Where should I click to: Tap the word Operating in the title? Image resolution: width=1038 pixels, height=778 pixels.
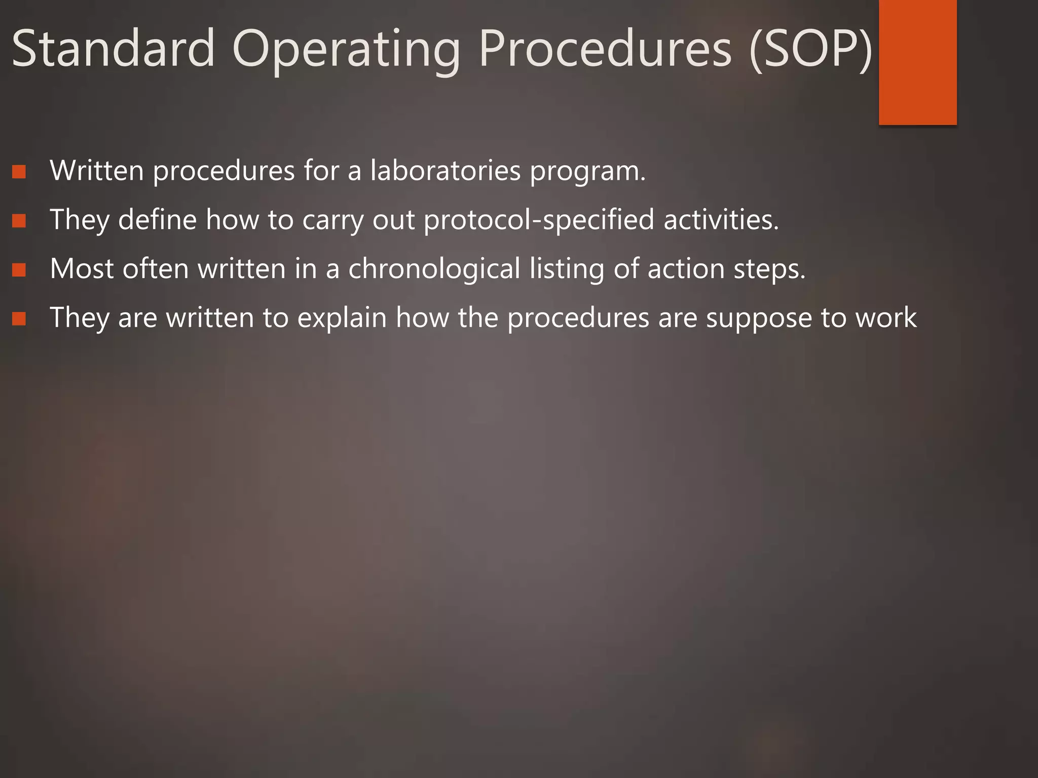coord(346,50)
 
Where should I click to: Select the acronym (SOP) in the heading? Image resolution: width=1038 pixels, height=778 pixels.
coord(810,50)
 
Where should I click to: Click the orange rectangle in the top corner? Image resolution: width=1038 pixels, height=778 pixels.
coord(917,62)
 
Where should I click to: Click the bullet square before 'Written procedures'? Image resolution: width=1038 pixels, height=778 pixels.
coord(19,172)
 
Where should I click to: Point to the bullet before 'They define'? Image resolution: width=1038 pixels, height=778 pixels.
coord(19,221)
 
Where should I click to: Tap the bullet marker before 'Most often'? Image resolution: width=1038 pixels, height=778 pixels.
coord(19,270)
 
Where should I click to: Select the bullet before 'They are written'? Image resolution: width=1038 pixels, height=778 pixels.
coord(19,319)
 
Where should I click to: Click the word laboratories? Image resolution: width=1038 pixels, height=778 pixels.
coord(446,171)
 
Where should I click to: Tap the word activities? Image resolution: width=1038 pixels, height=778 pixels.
coord(720,220)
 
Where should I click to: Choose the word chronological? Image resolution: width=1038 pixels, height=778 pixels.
coord(434,269)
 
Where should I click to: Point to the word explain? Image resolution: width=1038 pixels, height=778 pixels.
coord(342,319)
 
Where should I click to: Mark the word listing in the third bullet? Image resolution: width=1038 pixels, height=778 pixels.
coord(567,269)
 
